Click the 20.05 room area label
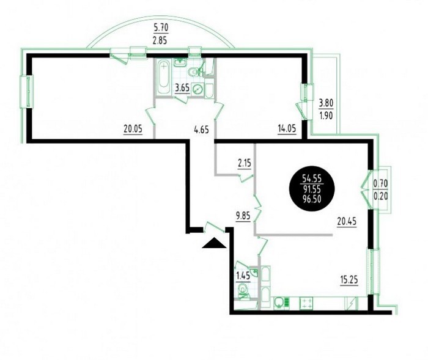133,129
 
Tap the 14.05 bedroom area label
286,128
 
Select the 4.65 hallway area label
201,130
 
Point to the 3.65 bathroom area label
182,89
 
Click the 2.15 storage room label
245,164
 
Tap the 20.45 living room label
347,222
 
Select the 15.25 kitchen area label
349,280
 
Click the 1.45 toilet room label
243,276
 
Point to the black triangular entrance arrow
214,243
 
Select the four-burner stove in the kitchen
306,303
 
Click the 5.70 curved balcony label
161,28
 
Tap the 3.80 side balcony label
326,103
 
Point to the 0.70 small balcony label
380,184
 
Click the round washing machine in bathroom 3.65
197,89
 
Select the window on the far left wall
27,92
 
